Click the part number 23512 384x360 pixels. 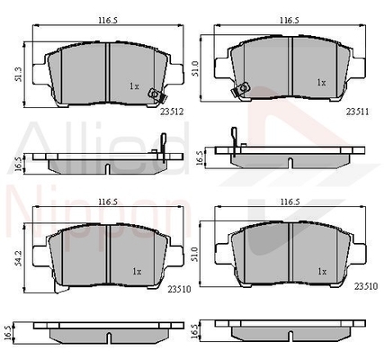click(x=172, y=113)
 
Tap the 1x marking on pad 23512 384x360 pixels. click(x=134, y=86)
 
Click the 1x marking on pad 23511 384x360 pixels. click(x=321, y=82)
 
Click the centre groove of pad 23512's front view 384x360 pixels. click(x=107, y=73)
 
